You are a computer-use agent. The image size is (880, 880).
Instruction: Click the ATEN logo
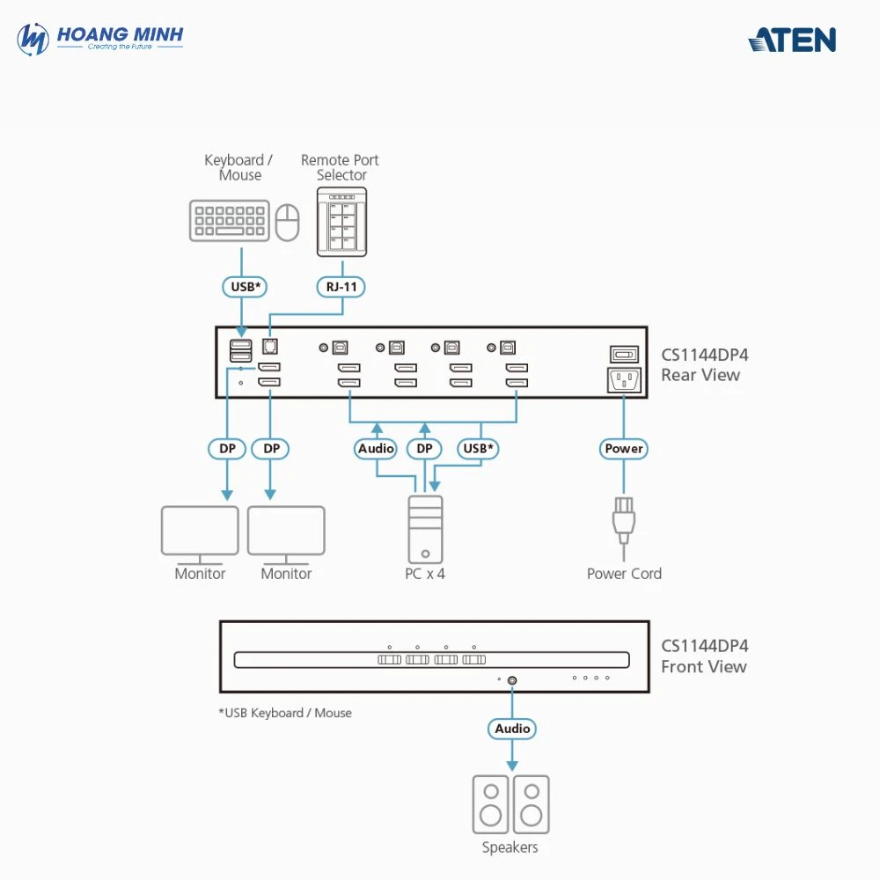pyautogui.click(x=792, y=40)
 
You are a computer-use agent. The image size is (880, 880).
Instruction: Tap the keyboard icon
pyautogui.click(x=228, y=221)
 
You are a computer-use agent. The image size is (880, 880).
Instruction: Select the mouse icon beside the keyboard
pyautogui.click(x=287, y=223)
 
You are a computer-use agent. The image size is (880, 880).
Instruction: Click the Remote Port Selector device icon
pyautogui.click(x=341, y=222)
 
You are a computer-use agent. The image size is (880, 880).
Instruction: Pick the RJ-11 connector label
pyautogui.click(x=341, y=287)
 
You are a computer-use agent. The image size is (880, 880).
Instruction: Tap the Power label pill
pyautogui.click(x=624, y=449)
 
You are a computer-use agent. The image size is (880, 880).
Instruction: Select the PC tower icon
pyautogui.click(x=425, y=528)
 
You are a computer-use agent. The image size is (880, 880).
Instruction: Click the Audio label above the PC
pyautogui.click(x=376, y=449)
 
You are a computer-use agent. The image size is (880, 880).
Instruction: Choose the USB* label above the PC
pyautogui.click(x=479, y=449)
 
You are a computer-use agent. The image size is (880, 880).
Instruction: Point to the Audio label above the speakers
pyautogui.click(x=512, y=729)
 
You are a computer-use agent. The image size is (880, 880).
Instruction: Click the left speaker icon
pyautogui.click(x=490, y=804)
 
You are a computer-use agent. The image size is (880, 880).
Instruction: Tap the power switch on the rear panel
pyautogui.click(x=624, y=354)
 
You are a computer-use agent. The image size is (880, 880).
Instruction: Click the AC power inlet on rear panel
pyautogui.click(x=624, y=380)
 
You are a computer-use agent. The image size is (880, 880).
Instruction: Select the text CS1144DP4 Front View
pyautogui.click(x=704, y=656)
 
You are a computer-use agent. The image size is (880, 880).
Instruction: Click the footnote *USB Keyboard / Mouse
pyautogui.click(x=285, y=713)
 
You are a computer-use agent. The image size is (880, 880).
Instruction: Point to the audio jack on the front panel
pyautogui.click(x=512, y=679)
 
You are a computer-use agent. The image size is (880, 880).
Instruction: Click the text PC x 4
pyautogui.click(x=425, y=574)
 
